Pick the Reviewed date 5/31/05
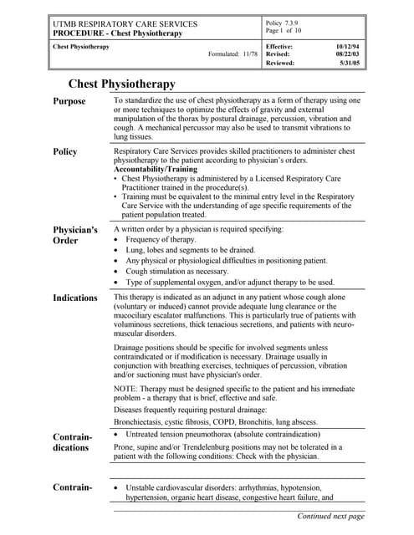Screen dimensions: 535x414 click(351, 62)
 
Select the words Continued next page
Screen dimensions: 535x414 click(331, 516)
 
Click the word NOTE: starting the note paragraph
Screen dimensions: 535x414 click(126, 386)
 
